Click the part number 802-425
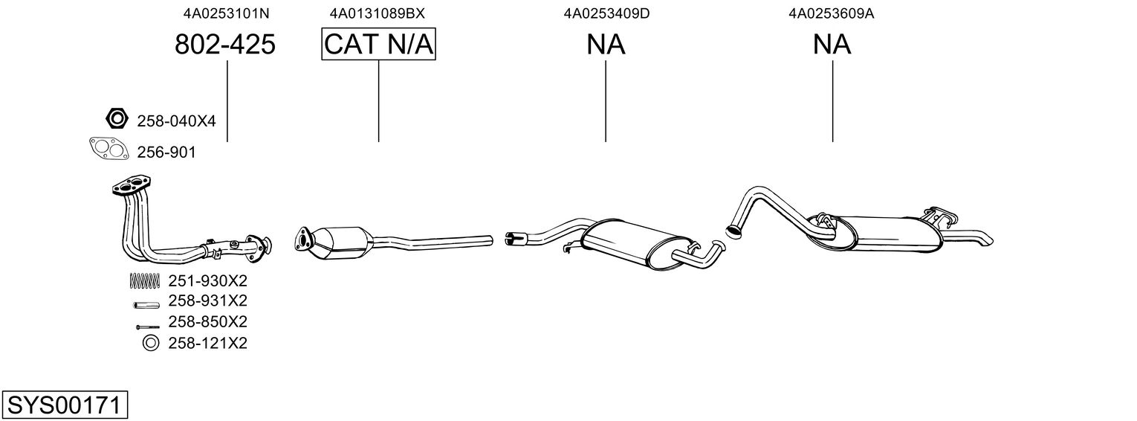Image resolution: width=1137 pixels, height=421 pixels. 225,44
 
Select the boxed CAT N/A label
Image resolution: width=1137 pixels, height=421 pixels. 379,44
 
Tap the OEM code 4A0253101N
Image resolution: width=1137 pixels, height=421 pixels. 227,13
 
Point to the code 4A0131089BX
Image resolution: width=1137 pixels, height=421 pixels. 377,13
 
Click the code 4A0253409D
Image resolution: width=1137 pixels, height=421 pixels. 606,13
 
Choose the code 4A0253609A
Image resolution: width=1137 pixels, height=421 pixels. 831,13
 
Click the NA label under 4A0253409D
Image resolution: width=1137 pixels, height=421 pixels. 606,44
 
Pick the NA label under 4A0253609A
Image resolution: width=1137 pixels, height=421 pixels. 832,44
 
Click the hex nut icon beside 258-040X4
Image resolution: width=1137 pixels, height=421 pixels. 117,119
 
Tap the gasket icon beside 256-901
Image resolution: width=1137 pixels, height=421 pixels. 108,149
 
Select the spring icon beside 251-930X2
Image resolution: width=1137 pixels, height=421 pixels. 145,280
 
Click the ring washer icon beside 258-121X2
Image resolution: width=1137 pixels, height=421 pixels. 151,344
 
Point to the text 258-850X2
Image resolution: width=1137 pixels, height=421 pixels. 207,321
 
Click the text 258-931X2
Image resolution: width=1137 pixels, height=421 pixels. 207,301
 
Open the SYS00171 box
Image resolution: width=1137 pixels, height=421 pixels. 65,405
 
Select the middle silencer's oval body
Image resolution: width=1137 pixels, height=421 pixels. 635,244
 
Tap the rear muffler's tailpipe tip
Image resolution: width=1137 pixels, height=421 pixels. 987,240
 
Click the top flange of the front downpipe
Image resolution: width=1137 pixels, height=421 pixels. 132,185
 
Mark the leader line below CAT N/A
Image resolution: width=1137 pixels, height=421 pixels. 379,100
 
